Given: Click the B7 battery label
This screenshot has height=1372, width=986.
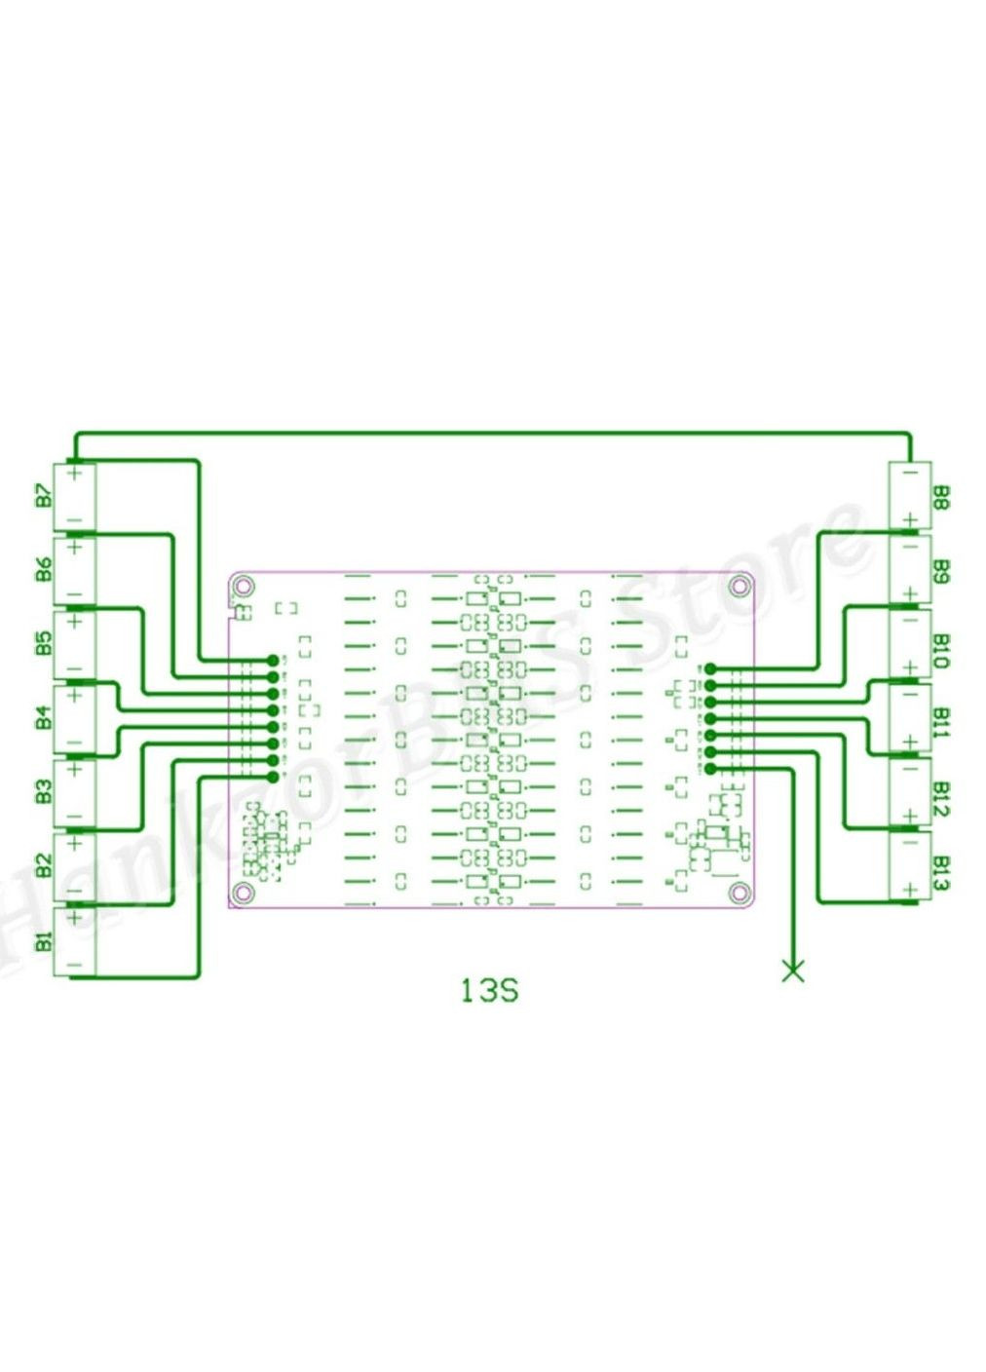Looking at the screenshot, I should click(43, 495).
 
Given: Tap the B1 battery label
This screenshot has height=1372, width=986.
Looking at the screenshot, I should click(43, 942).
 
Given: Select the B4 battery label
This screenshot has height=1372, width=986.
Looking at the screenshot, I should click(43, 719).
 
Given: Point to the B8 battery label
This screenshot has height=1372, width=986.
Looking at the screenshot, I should click(941, 498).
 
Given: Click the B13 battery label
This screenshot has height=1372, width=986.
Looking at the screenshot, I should click(941, 872).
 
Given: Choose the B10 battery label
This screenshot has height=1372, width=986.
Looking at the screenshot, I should click(941, 650).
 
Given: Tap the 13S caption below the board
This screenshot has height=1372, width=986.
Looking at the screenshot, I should click(489, 990).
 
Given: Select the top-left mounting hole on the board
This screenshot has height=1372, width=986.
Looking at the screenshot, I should click(244, 586).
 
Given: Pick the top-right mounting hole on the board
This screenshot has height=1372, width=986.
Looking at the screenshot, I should click(739, 586).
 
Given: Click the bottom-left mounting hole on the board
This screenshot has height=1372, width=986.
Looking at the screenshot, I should click(244, 892).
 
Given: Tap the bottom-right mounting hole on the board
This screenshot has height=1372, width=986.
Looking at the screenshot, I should click(739, 892).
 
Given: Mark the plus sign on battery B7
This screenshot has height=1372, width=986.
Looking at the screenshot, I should click(75, 477).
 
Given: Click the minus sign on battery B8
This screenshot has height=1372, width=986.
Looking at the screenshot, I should click(909, 477).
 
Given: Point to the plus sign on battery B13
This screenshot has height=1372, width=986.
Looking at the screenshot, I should click(909, 890).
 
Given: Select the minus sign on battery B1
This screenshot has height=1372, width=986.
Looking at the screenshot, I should click(75, 965).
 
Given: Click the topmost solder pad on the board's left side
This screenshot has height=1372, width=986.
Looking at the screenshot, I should click(273, 660).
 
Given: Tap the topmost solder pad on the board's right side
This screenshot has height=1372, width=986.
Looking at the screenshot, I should click(710, 668).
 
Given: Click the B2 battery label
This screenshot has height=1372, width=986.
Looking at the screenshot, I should click(43, 865).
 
